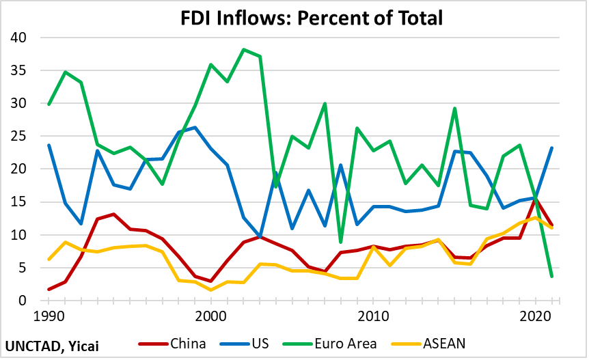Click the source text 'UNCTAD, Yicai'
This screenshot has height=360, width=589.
click(52, 346)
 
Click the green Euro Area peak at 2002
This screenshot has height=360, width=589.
click(243, 49)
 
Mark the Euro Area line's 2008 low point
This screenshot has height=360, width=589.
click(340, 242)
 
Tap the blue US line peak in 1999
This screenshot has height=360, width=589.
click(195, 128)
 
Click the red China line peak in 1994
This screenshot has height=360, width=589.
click(114, 214)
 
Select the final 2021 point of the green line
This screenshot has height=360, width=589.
click(551, 276)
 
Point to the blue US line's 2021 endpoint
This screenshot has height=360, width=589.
click(551, 148)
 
